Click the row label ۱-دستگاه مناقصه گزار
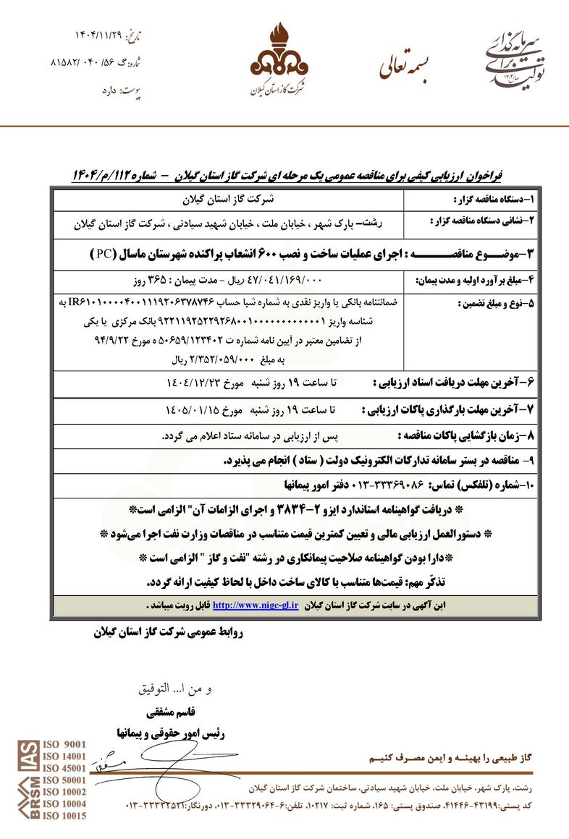(493, 198)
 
